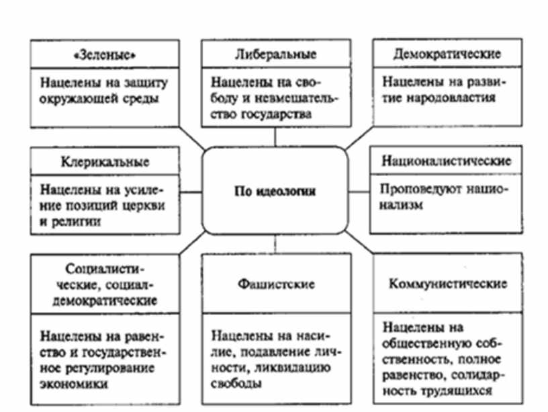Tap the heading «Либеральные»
coord(276,54)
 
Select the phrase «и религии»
coord(71,222)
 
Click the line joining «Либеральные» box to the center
coord(275,136)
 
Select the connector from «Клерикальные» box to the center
coord(192,192)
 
